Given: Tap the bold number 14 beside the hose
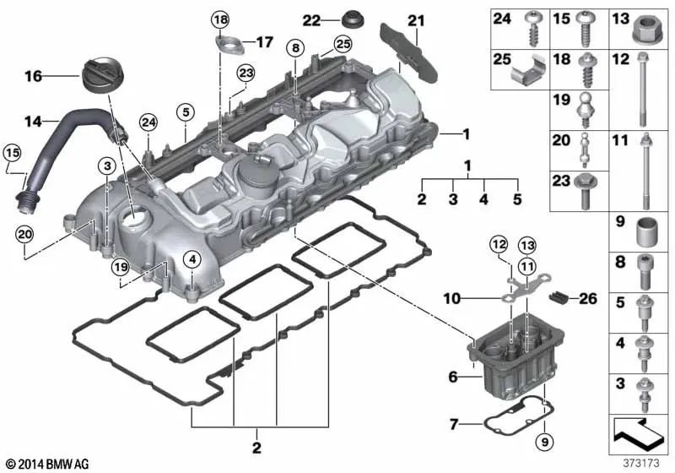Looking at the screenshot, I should tap(31, 122).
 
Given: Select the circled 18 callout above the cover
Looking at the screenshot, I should tap(220, 19).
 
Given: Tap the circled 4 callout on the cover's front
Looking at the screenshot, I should tap(193, 258).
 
